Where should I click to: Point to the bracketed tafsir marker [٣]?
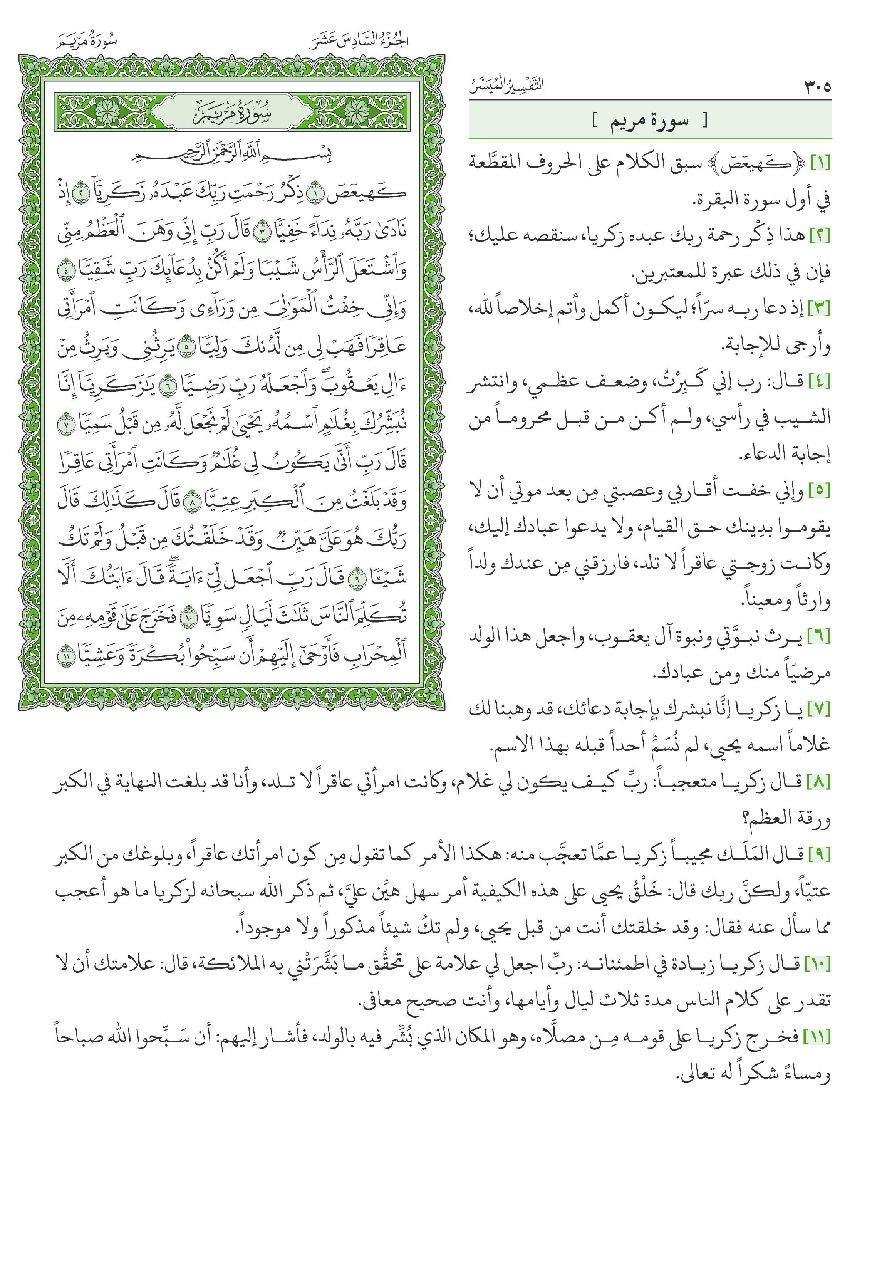click(820, 309)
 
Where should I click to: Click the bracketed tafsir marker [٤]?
click(820, 382)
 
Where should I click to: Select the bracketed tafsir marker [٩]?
click(820, 856)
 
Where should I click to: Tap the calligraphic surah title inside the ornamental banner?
click(232, 113)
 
